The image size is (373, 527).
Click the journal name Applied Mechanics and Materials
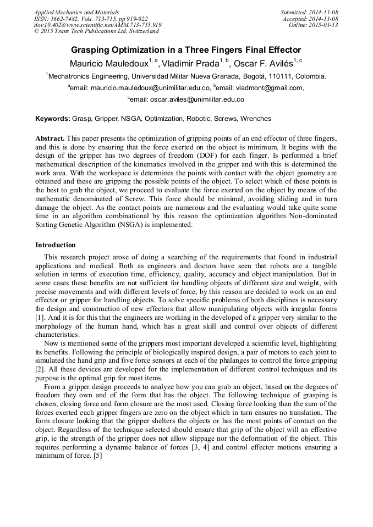tap(76, 12)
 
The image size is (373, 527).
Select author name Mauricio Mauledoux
tap(108, 63)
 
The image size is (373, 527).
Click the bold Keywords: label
tap(53, 119)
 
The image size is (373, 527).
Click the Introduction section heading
tap(56, 245)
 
